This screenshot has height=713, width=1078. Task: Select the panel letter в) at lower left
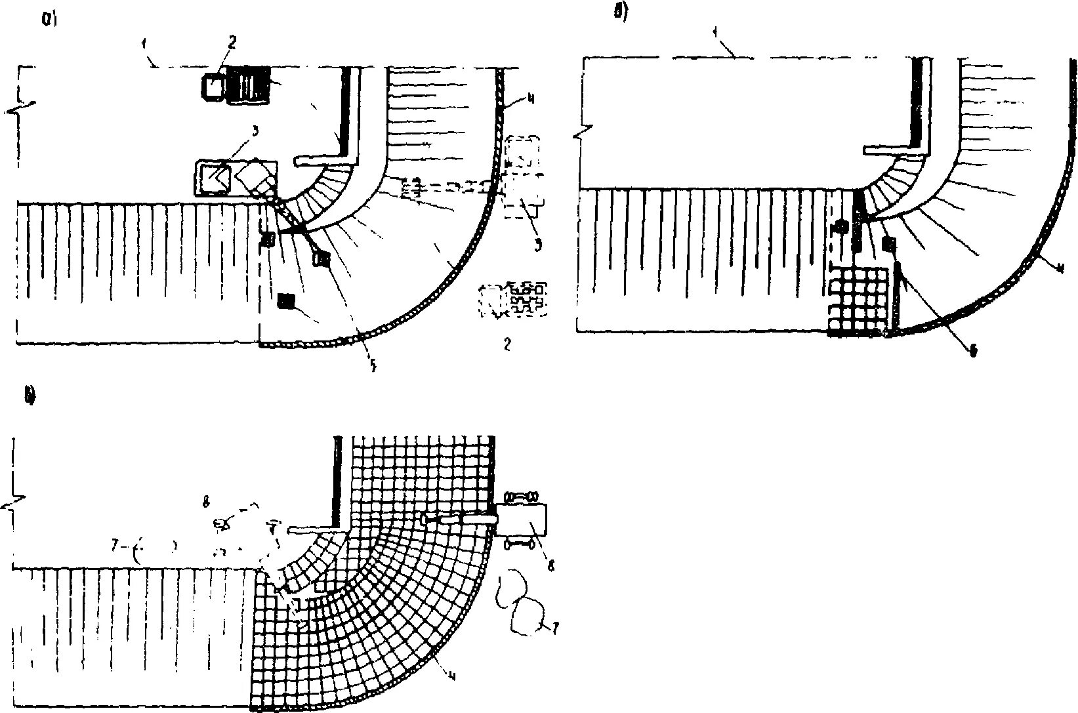[30, 395]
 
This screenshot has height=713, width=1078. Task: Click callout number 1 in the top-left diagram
[143, 44]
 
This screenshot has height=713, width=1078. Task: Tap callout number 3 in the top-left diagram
[255, 131]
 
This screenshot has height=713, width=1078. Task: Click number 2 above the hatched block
[232, 43]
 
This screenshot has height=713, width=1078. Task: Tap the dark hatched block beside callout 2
[248, 85]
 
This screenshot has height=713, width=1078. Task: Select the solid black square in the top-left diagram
[286, 301]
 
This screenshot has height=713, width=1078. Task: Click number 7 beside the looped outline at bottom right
[555, 628]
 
